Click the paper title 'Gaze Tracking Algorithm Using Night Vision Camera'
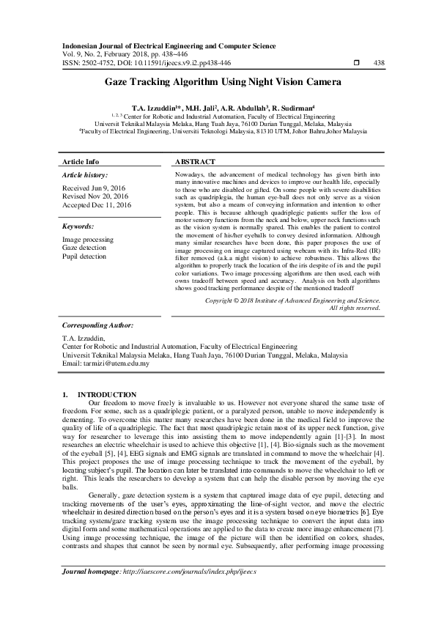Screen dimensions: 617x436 (218, 84)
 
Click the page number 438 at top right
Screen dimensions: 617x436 (379, 63)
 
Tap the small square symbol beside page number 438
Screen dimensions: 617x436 (356, 63)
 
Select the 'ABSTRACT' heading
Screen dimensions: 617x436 (196, 161)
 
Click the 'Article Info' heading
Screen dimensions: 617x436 (81, 161)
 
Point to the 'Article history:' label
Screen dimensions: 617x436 (85, 176)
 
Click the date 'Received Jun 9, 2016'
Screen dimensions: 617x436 (95, 188)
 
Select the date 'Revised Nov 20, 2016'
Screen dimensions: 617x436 (96, 196)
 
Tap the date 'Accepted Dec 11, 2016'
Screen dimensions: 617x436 (97, 205)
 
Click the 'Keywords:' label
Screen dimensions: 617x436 (78, 226)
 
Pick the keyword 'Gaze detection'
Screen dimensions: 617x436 (84, 248)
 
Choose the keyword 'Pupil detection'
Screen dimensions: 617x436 (84, 256)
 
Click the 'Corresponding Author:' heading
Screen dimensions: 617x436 (97, 324)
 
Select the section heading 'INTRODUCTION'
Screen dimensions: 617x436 (107, 394)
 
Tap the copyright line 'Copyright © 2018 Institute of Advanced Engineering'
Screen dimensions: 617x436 (292, 300)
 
